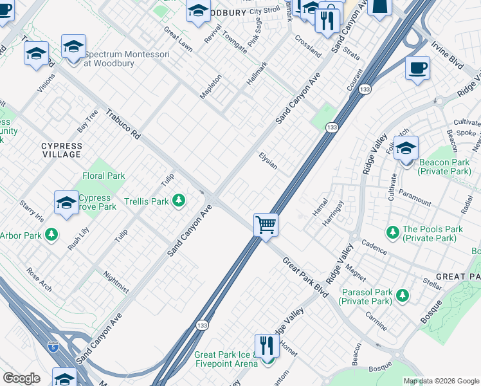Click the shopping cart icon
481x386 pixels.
[x=266, y=225]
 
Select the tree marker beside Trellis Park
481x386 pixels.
[x=179, y=201]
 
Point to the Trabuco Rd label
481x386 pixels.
[x=123, y=124]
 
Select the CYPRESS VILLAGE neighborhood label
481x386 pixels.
[x=62, y=150]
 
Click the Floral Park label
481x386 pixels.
[x=104, y=176]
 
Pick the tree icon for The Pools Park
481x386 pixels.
[x=392, y=231]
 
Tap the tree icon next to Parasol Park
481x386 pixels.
[x=402, y=295]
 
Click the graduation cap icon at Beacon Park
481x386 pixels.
[x=406, y=149]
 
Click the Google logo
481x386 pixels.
[x=21, y=378]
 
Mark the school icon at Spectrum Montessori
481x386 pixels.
[x=74, y=47]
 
